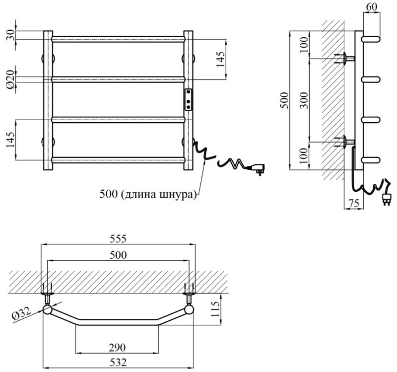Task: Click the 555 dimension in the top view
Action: pos(118,239)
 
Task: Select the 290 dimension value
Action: pos(118,346)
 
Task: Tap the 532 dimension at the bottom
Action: pos(118,363)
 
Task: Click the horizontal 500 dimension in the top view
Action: pos(118,255)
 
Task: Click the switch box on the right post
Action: pos(189,99)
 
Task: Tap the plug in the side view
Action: pos(385,198)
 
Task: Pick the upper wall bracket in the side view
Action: pos(345,59)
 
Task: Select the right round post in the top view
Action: pos(189,311)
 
